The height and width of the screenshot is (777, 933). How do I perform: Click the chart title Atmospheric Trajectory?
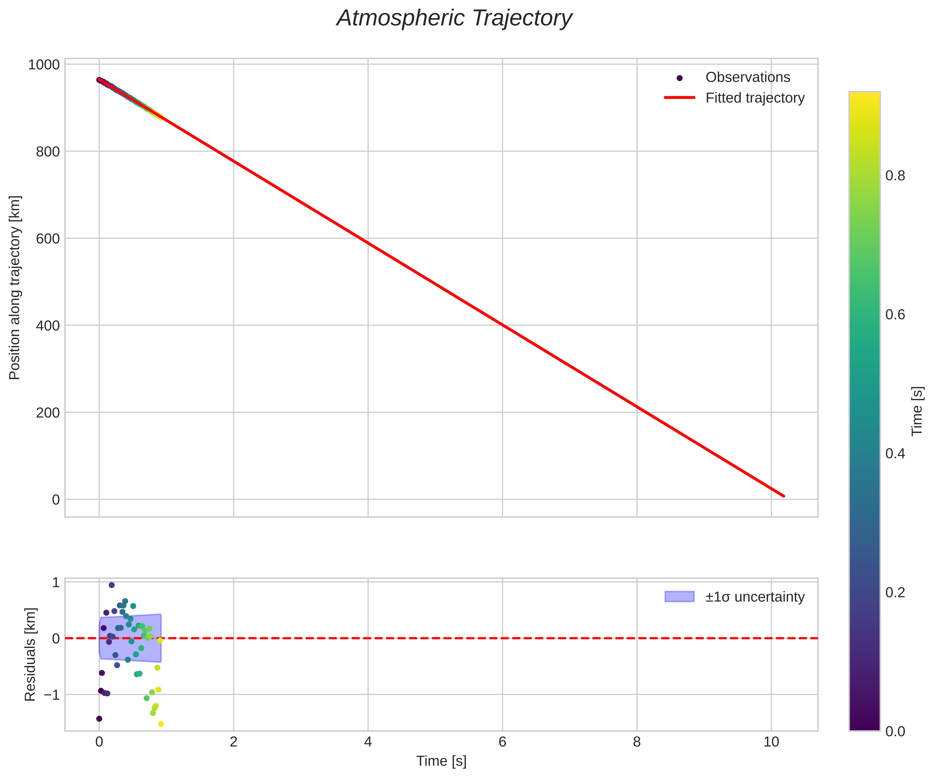click(454, 19)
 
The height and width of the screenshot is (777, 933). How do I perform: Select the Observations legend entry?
click(747, 77)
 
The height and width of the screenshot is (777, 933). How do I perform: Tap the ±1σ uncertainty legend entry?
click(755, 597)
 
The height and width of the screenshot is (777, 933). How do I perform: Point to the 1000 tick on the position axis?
click(44, 65)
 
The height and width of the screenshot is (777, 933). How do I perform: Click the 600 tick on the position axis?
click(47, 239)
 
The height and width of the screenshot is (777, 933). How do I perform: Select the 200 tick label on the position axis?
click(47, 413)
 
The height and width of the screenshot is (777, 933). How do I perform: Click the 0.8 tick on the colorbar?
click(895, 176)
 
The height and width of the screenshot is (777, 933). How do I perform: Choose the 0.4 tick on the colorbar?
click(895, 454)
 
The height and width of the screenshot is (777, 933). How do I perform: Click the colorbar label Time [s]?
click(917, 411)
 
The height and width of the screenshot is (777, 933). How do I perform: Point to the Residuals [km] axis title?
click(30, 655)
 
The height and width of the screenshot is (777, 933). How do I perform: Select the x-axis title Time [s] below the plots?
click(441, 761)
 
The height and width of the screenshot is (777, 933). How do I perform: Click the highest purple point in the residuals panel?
click(111, 585)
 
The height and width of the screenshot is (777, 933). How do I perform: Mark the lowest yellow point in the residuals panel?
click(161, 724)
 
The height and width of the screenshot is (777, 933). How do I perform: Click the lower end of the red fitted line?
click(784, 496)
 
